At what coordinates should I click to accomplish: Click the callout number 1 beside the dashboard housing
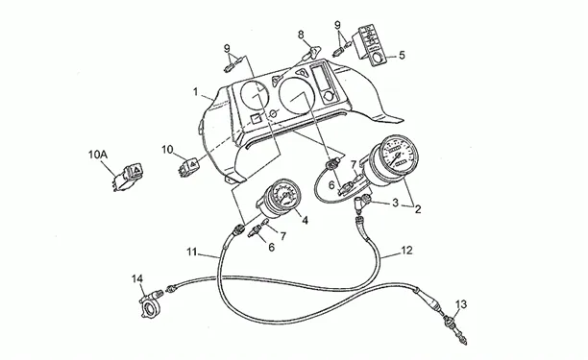tap(195, 92)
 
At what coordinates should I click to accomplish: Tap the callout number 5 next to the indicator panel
tap(402, 56)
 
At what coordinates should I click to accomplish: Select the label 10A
tap(98, 155)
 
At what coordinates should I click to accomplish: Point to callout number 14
tap(137, 278)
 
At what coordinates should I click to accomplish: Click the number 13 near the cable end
tap(461, 304)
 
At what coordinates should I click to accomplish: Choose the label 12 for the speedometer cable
tap(406, 251)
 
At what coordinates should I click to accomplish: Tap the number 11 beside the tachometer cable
tap(191, 252)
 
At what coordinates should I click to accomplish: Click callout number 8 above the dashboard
tap(301, 35)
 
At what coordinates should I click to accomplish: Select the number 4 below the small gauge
tap(305, 220)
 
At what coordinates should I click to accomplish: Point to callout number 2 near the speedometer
tap(417, 209)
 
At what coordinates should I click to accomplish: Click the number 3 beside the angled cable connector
tap(395, 203)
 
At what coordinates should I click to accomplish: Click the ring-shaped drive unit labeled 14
tap(151, 303)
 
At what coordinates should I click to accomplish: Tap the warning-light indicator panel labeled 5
tap(371, 45)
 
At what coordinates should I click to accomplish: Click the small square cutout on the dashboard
tap(257, 118)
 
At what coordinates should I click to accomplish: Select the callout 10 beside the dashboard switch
tap(167, 150)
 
